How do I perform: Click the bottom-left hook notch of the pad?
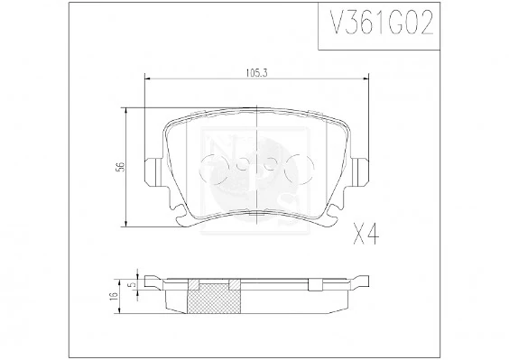(x=184, y=217)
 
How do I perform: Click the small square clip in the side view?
(x=315, y=286)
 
